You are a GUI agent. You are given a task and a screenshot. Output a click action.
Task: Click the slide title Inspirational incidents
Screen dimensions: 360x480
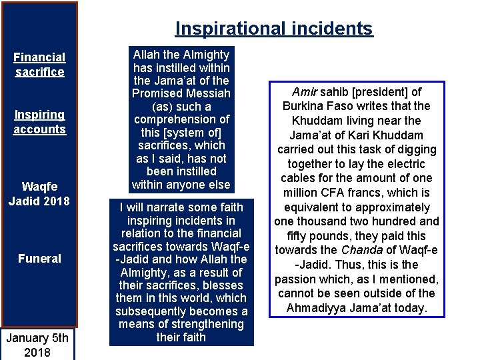click(x=274, y=29)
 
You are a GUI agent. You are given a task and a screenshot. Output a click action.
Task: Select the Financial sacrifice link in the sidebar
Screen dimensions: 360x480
click(x=39, y=65)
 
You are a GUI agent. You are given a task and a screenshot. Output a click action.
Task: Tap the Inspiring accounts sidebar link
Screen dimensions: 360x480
click(x=39, y=122)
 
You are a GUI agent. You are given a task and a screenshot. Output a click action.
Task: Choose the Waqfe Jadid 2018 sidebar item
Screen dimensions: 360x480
click(x=39, y=193)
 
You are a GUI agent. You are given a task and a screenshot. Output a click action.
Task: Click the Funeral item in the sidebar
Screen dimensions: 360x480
click(x=39, y=259)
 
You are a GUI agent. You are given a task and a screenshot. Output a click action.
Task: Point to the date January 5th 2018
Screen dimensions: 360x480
click(x=37, y=345)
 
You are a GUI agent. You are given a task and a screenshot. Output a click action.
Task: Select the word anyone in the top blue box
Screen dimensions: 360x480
click(x=190, y=185)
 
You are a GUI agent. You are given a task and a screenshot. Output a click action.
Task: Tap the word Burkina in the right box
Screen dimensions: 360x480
click(x=303, y=106)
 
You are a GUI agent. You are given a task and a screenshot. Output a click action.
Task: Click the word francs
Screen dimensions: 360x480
click(x=380, y=193)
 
